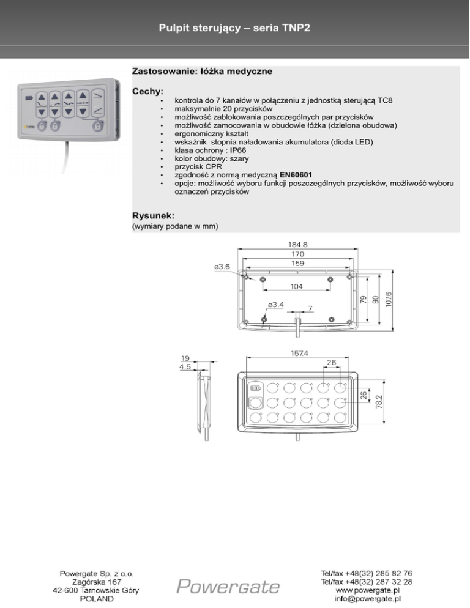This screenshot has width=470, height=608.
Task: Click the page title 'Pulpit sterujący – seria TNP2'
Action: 234,28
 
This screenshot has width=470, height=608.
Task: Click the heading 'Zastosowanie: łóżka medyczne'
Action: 202,72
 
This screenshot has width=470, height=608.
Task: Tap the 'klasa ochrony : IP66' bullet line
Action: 212,149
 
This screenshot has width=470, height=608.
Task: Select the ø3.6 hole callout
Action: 222,267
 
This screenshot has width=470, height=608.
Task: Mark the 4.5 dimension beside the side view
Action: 185,367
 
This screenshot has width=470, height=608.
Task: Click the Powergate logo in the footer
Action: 228,587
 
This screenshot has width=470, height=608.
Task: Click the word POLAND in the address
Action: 97,599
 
